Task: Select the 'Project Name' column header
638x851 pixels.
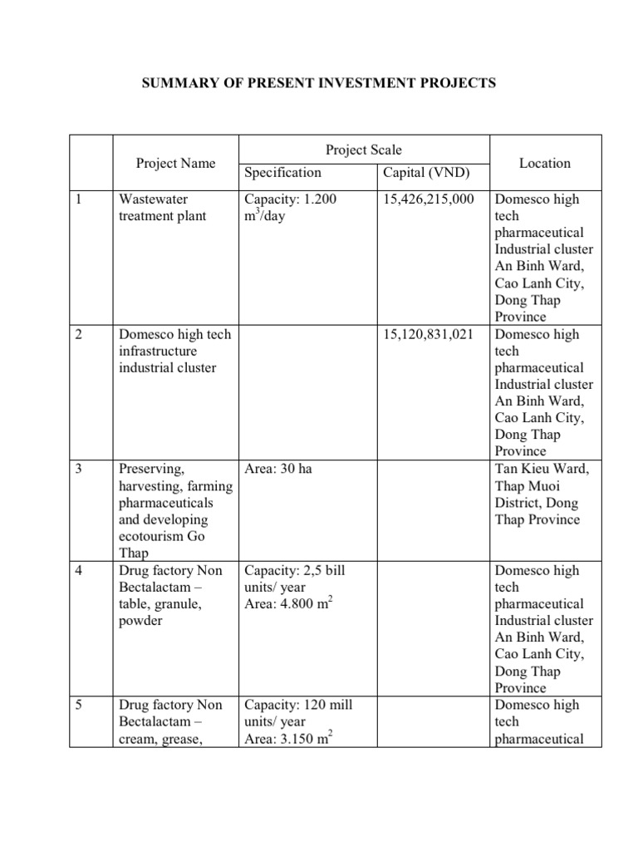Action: pyautogui.click(x=175, y=163)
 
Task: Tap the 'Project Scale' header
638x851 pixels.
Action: pyautogui.click(x=363, y=150)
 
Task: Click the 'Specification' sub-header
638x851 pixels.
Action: pyautogui.click(x=282, y=173)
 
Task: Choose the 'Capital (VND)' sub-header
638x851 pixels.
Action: pyautogui.click(x=426, y=173)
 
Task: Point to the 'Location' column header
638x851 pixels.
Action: pyautogui.click(x=544, y=163)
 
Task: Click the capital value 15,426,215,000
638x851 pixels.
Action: pyautogui.click(x=428, y=199)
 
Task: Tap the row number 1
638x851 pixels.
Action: pyautogui.click(x=78, y=199)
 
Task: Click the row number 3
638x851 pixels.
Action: pyautogui.click(x=78, y=469)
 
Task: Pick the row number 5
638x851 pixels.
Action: pyautogui.click(x=78, y=705)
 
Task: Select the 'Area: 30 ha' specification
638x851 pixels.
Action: pyautogui.click(x=278, y=469)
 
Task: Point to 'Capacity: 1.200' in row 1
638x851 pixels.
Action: pyautogui.click(x=291, y=199)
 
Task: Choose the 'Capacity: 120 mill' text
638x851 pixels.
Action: pyautogui.click(x=298, y=705)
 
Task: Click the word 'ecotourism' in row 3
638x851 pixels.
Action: pyautogui.click(x=154, y=536)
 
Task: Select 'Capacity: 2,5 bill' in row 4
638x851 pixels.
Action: pyautogui.click(x=295, y=570)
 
